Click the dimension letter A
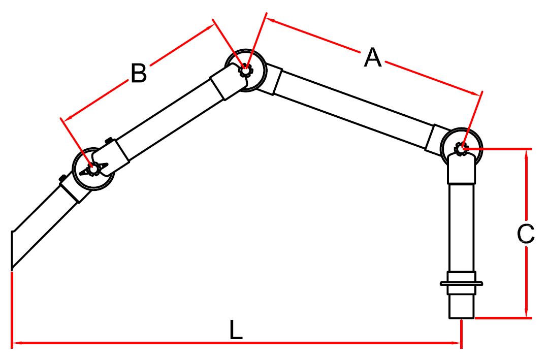pos(373,58)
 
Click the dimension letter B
pos(139,74)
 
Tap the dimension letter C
pos(526,234)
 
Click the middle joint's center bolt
pos(245,70)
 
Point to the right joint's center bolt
pos(461,149)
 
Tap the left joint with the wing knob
pos(93,169)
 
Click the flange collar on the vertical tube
pos(461,283)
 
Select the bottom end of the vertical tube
pos(461,318)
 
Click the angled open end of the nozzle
pos(12,250)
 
